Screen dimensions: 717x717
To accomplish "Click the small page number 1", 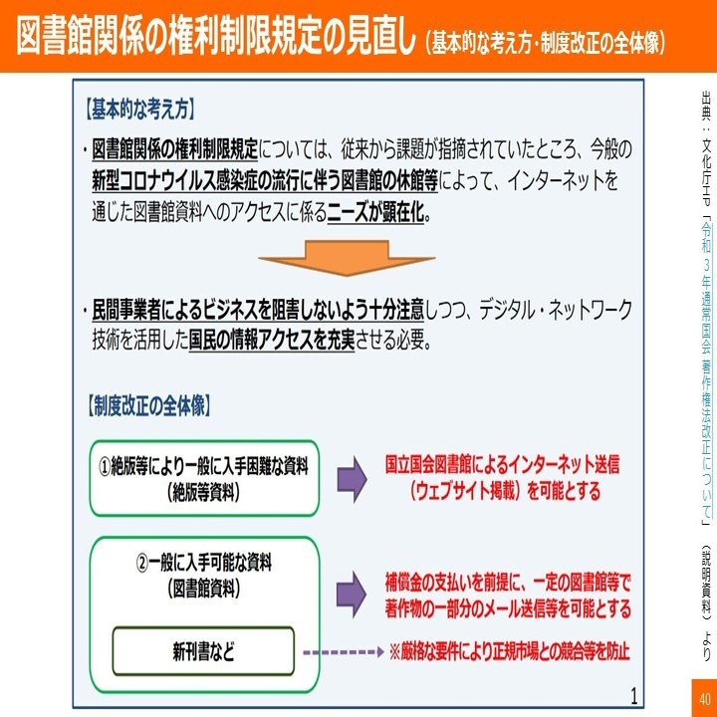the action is click(x=633, y=694).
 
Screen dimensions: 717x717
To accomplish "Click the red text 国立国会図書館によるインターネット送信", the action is click(x=503, y=464).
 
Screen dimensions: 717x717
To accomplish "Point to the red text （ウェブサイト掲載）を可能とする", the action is click(x=503, y=491).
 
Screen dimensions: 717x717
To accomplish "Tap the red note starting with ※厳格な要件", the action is click(x=510, y=653).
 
